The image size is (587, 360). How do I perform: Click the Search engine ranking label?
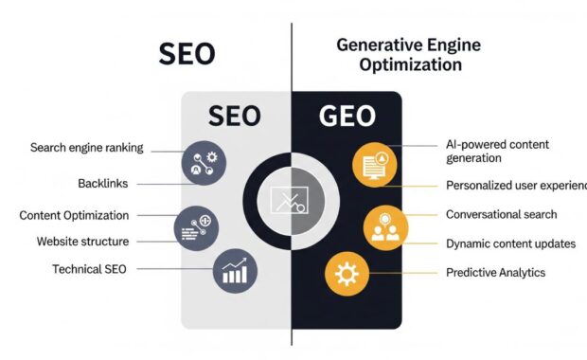tap(86, 148)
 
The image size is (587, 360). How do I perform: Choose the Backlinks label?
tap(103, 183)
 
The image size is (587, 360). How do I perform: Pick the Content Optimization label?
tap(74, 215)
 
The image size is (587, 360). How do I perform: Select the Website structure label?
tap(83, 242)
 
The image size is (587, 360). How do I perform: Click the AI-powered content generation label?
tap(496, 152)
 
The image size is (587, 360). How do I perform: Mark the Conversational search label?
tap(502, 215)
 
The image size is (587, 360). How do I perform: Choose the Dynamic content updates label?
tap(510, 243)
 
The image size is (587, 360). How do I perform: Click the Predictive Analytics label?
tap(496, 272)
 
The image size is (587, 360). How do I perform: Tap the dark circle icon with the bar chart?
tap(236, 271)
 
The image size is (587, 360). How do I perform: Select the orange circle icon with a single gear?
tap(347, 275)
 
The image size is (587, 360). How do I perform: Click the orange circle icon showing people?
tap(385, 228)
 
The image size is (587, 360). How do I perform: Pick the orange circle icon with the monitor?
tap(373, 164)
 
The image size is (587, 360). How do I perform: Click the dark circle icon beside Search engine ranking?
tap(203, 163)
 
